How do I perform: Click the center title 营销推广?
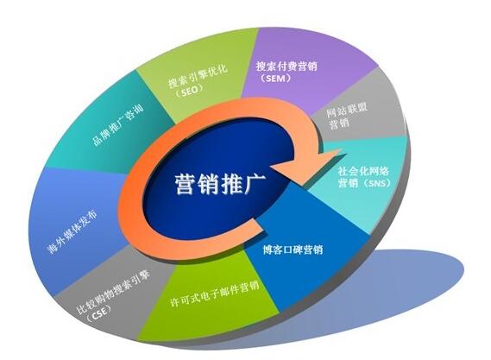[x=220, y=184]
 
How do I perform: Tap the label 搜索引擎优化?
[x=198, y=76]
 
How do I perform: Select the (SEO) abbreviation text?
[x=190, y=92]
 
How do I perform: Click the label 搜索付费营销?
[x=286, y=66]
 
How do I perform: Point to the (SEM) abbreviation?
[x=275, y=79]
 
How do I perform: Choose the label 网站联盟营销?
[x=346, y=115]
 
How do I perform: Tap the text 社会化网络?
[x=363, y=171]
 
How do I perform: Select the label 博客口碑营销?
[x=293, y=249]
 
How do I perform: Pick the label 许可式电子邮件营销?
[x=215, y=294]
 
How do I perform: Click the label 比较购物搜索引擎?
[x=113, y=291]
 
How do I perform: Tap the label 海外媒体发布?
[x=72, y=232]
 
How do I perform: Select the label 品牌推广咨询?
[x=117, y=125]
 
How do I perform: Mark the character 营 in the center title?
[x=186, y=184]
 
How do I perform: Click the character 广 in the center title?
[x=255, y=184]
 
